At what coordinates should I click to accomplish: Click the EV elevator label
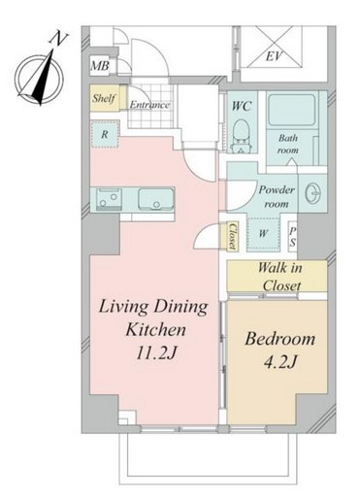click(274, 56)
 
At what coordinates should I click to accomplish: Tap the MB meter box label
click(100, 66)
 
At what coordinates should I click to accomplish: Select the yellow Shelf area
click(104, 98)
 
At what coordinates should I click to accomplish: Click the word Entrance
click(149, 105)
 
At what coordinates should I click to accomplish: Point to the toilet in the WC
click(241, 136)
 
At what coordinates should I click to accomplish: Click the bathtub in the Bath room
click(292, 110)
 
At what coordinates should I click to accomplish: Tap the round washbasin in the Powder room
click(312, 193)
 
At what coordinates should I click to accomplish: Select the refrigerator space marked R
click(105, 134)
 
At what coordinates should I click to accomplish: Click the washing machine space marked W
click(263, 234)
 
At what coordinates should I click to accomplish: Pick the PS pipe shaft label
click(292, 237)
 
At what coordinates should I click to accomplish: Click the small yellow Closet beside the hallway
click(232, 236)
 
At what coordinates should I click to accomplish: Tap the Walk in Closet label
click(280, 277)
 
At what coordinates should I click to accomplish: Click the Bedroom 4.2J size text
click(280, 362)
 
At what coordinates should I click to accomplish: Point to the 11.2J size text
click(156, 352)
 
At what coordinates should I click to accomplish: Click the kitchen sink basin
click(156, 199)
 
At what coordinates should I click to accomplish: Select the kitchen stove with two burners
click(109, 199)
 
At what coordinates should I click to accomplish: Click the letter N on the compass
click(57, 39)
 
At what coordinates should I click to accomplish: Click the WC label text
click(242, 106)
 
